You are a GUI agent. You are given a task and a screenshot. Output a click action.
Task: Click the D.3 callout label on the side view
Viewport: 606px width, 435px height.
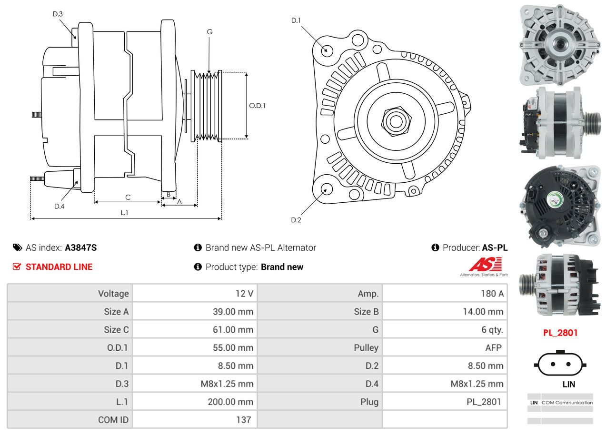tap(58, 14)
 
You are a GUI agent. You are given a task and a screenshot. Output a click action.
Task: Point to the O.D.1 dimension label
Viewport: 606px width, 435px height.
tap(257, 106)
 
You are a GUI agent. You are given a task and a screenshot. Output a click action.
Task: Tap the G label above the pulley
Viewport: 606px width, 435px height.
tap(209, 32)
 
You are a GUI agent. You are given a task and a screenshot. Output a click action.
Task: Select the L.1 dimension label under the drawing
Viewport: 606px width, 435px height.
tap(124, 213)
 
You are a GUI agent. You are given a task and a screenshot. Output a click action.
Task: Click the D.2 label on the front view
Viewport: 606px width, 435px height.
tap(296, 220)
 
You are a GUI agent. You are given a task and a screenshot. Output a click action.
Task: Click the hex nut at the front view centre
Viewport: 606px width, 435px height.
tap(395, 121)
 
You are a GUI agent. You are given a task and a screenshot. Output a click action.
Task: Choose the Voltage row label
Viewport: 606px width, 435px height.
tap(113, 294)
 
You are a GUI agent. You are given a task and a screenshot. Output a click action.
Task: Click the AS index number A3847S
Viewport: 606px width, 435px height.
tap(81, 247)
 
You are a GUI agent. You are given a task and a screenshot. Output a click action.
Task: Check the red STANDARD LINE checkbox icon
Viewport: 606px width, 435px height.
tap(17, 267)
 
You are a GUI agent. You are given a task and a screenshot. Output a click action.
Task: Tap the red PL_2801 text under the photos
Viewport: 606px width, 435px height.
tap(560, 333)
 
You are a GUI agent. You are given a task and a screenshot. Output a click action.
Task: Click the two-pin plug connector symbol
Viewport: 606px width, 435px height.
tap(560, 364)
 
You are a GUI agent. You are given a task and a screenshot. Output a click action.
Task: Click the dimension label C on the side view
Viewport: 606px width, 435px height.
tap(128, 197)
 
